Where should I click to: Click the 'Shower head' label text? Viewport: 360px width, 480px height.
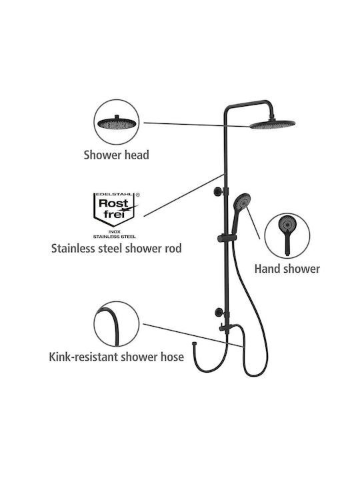pyautogui.click(x=116, y=155)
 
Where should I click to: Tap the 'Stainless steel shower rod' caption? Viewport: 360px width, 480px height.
pyautogui.click(x=116, y=248)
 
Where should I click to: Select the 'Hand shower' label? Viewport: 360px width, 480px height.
pyautogui.click(x=287, y=269)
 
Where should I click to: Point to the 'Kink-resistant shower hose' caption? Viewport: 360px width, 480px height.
pyautogui.click(x=116, y=357)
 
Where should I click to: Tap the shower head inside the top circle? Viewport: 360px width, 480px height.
pyautogui.click(x=117, y=123)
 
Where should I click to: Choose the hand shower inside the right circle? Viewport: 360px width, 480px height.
pyautogui.click(x=287, y=235)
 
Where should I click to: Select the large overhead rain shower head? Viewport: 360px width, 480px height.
pyautogui.click(x=273, y=124)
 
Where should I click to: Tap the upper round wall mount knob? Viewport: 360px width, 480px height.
pyautogui.click(x=217, y=191)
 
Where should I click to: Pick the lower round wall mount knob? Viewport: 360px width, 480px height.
pyautogui.click(x=219, y=312)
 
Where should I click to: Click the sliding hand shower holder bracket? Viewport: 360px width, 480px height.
pyautogui.click(x=227, y=239)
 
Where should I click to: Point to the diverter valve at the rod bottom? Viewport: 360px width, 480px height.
pyautogui.click(x=227, y=327)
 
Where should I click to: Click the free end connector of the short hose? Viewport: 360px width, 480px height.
pyautogui.click(x=194, y=345)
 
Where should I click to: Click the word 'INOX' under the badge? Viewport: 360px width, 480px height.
pyautogui.click(x=115, y=232)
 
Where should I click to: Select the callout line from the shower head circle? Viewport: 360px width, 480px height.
pyautogui.click(x=197, y=125)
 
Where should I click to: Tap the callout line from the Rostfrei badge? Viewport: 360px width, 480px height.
pyautogui.click(x=184, y=195)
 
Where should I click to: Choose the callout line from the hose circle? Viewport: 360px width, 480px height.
pyautogui.click(x=193, y=335)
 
